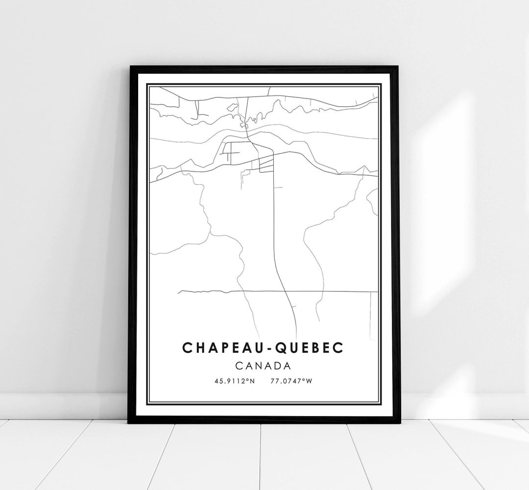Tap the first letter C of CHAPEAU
click(187, 347)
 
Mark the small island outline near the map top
click(231, 106)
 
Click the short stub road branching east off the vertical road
click(278, 187)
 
